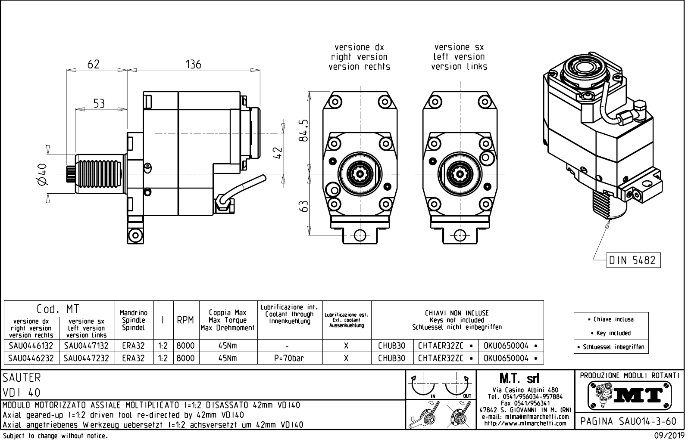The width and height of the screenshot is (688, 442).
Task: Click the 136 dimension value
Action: pyautogui.click(x=194, y=65)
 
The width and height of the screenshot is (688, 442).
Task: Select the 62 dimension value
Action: pyautogui.click(x=94, y=65)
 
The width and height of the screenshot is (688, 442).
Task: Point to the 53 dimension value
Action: pyautogui.click(x=99, y=104)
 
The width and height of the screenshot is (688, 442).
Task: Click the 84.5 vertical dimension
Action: pyautogui.click(x=304, y=130)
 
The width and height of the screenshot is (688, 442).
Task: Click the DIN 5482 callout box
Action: pyautogui.click(x=632, y=260)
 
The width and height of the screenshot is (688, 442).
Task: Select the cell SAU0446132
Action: pyautogui.click(x=31, y=346)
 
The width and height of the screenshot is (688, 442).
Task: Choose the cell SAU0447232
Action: pyautogui.click(x=87, y=358)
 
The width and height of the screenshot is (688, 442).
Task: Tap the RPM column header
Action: pyautogui.click(x=185, y=320)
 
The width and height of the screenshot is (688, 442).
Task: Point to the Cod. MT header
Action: pyautogui.click(x=58, y=309)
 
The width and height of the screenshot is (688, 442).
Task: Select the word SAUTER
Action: pyautogui.click(x=22, y=378)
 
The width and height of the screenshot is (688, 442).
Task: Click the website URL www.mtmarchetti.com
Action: pyautogui.click(x=525, y=423)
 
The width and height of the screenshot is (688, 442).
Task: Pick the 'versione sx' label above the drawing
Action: pyautogui.click(x=459, y=47)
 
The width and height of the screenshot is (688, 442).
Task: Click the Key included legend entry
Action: pyautogui.click(x=613, y=333)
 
